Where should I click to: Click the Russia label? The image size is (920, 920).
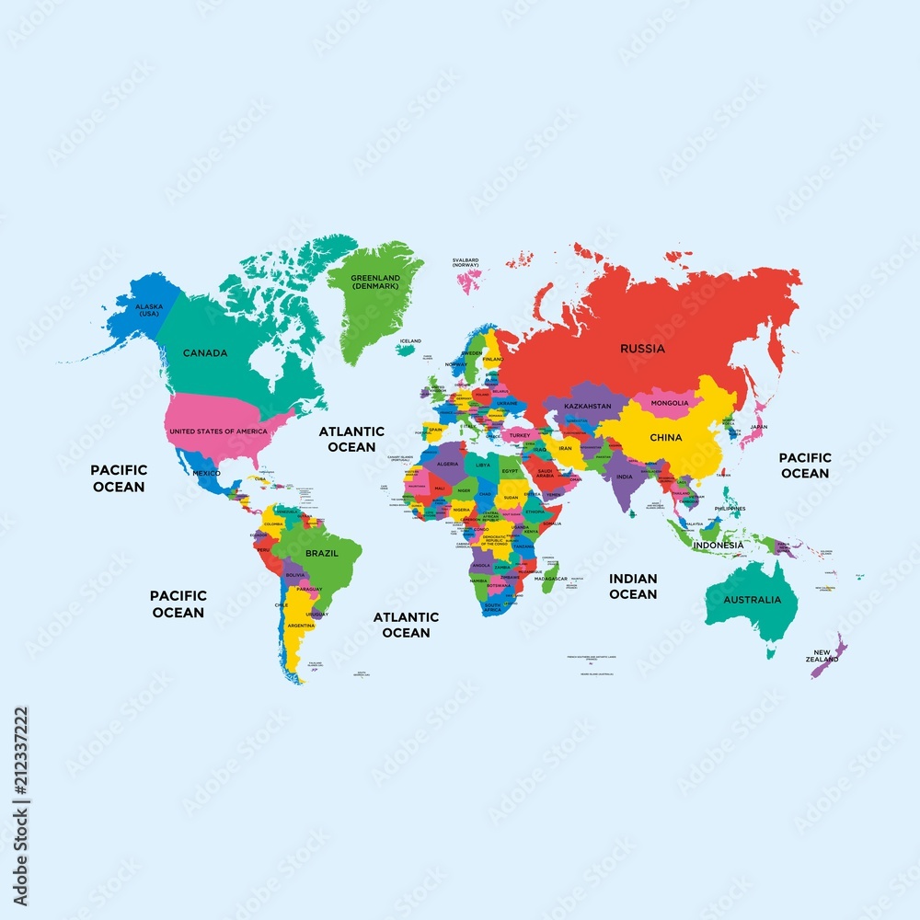(642, 349)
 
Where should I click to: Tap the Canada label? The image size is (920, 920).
(205, 353)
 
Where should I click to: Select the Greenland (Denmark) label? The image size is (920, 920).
(375, 282)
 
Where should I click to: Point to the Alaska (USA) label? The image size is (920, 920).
(149, 310)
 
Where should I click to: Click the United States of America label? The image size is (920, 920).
(219, 431)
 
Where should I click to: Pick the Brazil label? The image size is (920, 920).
(322, 554)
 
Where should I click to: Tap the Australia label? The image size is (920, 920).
(752, 600)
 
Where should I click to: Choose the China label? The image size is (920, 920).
(666, 437)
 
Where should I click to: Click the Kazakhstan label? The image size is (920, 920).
(588, 406)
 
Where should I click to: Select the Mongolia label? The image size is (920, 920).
(670, 403)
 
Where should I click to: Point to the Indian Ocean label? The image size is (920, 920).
(633, 586)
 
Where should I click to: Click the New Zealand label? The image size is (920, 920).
(822, 656)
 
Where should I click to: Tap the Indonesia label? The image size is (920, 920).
(719, 545)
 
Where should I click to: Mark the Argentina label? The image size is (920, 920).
(299, 626)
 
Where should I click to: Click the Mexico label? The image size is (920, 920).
(206, 473)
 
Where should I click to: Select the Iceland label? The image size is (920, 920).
(410, 340)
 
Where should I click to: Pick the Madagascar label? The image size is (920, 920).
(551, 579)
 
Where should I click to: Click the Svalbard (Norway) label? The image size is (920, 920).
(466, 263)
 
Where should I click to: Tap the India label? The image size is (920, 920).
(625, 477)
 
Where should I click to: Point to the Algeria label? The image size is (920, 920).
(448, 464)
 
